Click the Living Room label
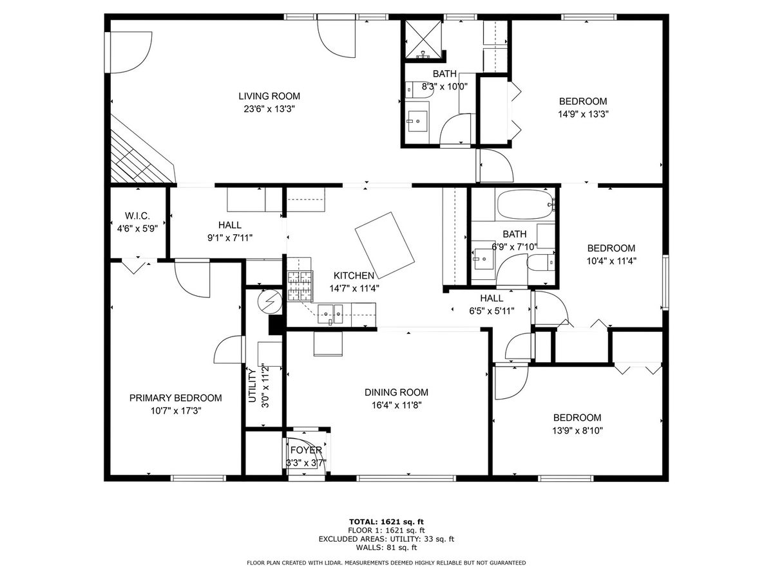[269, 96]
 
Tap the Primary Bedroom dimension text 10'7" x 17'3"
[176, 410]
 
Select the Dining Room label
[396, 392]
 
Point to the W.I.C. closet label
[137, 216]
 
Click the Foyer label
[306, 450]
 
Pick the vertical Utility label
[252, 385]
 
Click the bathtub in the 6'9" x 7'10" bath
[525, 205]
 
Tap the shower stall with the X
[423, 39]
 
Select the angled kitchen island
[385, 245]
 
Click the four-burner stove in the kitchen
[300, 286]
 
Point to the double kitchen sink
[330, 314]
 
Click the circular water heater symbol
[270, 301]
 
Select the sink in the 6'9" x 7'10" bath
[483, 259]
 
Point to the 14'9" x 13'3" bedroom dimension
[583, 115]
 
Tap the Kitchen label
[354, 275]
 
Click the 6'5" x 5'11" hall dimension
[491, 311]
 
